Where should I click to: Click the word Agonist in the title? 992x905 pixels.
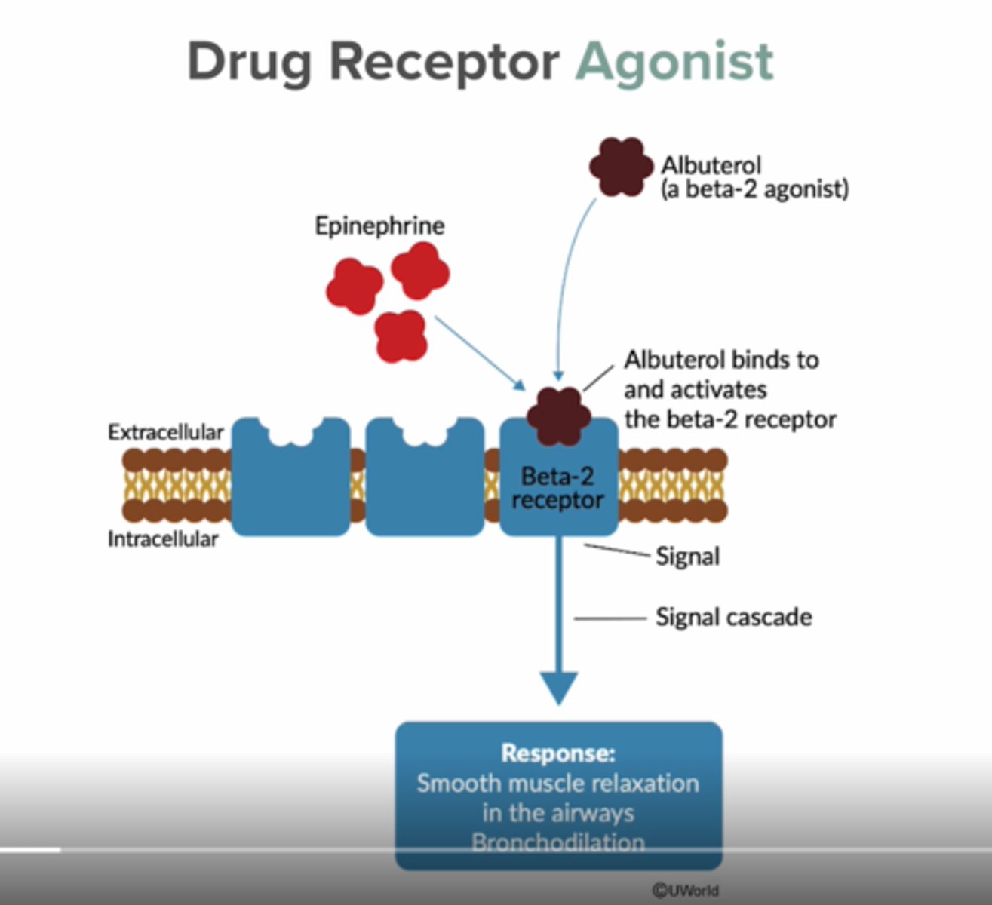pos(674,62)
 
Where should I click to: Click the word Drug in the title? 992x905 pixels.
pos(249,62)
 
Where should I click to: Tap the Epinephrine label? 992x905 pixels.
pos(379,225)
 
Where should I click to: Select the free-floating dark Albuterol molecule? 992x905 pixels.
pos(621,167)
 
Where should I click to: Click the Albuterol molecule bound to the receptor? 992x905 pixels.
pos(558,416)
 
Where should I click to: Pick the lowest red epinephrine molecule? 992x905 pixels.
pos(401,336)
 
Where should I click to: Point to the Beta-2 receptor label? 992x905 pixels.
pos(558,488)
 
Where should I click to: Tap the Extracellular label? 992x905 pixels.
pos(165,432)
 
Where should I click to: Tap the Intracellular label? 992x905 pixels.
pos(162,539)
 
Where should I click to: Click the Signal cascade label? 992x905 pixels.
pos(733,617)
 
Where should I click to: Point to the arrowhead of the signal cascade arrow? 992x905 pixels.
pos(558,686)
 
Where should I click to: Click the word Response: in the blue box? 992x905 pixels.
pos(558,753)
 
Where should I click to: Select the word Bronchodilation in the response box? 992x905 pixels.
pos(558,842)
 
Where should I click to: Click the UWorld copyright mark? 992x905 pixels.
pos(685,890)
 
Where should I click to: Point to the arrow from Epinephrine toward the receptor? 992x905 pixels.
pos(479,353)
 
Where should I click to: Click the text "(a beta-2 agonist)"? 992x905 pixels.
pos(754,189)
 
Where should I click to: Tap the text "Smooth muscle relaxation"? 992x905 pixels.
pos(558,783)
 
